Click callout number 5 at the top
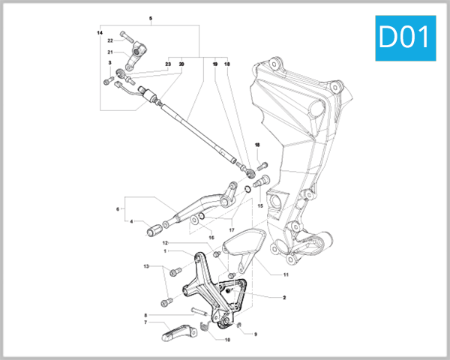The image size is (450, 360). pyautogui.click(x=150, y=17)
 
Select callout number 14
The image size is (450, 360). pyautogui.click(x=100, y=34)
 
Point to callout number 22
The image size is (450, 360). pyautogui.click(x=109, y=40)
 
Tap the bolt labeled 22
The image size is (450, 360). pyautogui.click(x=127, y=37)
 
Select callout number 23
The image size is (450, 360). pyautogui.click(x=169, y=64)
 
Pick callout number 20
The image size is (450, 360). pyautogui.click(x=181, y=64)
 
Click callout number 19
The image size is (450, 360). pyautogui.click(x=214, y=64)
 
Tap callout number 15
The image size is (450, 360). pyautogui.click(x=261, y=205)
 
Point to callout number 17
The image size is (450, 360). pyautogui.click(x=232, y=229)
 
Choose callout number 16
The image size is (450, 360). pyautogui.click(x=211, y=237)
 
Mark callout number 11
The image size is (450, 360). pyautogui.click(x=286, y=274)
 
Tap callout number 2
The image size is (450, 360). pyautogui.click(x=284, y=298)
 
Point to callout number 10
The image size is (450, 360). pyautogui.click(x=228, y=339)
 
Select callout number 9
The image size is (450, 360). pyautogui.click(x=255, y=334)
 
